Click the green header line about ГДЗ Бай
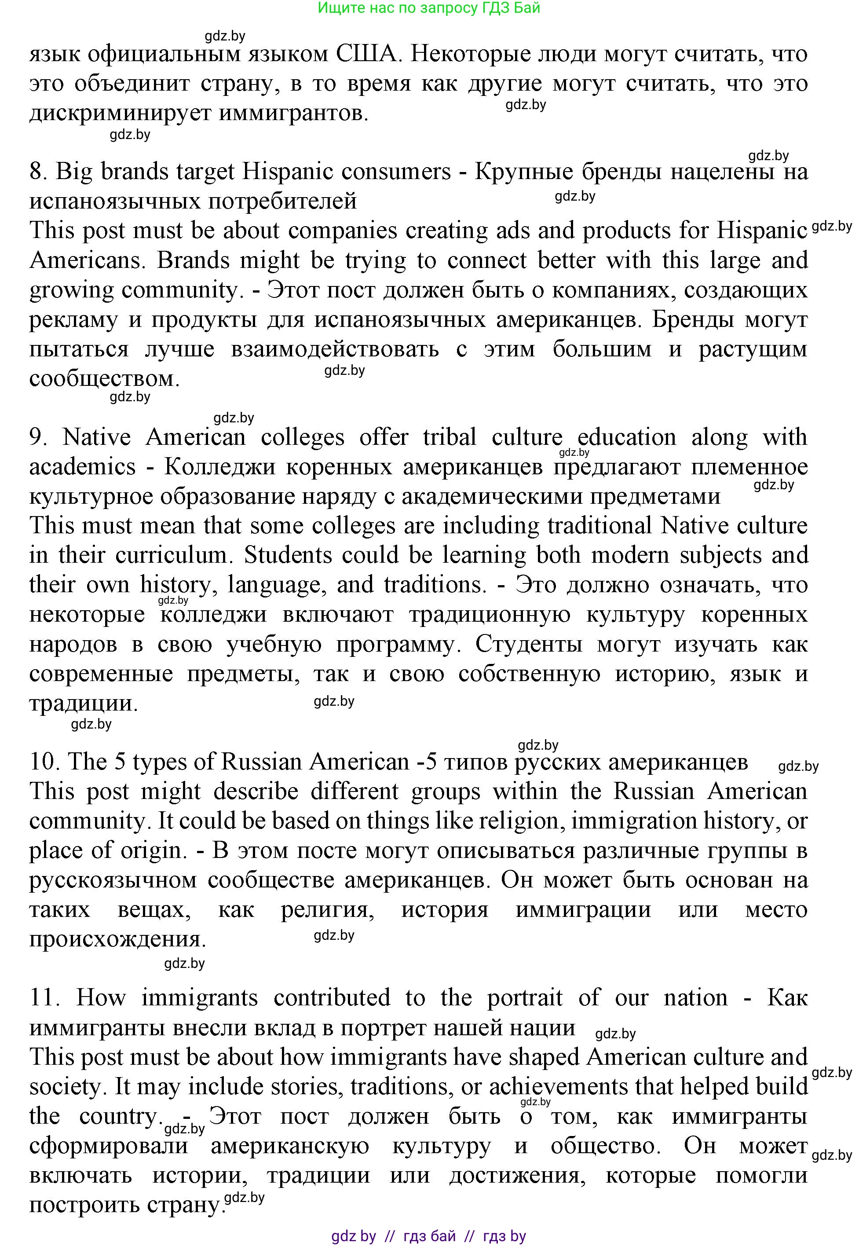point(428,8)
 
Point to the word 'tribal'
point(450,437)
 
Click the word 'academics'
point(82,467)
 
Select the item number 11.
point(43,998)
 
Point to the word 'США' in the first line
point(368,55)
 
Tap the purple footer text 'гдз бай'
point(429,1236)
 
